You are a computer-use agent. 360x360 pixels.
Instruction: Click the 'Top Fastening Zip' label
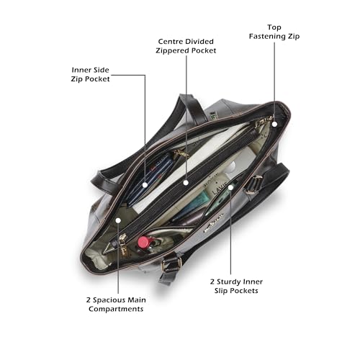274,32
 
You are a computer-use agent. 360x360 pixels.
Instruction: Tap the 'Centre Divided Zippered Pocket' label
186,46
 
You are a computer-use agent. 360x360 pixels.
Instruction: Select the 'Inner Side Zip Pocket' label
90,74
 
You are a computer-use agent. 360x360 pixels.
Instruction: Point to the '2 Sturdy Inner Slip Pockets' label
236,286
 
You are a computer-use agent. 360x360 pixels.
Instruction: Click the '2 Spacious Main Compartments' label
116,305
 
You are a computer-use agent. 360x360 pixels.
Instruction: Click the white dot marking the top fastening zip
274,124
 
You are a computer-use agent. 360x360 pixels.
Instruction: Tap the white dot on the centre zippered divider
186,183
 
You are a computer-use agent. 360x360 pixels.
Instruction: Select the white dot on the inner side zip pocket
145,185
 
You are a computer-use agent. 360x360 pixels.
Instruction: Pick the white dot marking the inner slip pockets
230,187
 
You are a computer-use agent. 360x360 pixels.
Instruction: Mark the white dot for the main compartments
118,220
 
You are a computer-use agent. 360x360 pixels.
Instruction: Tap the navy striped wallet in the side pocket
150,178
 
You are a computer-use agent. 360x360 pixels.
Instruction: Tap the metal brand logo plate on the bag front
214,223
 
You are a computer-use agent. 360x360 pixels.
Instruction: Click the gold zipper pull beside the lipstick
123,243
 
